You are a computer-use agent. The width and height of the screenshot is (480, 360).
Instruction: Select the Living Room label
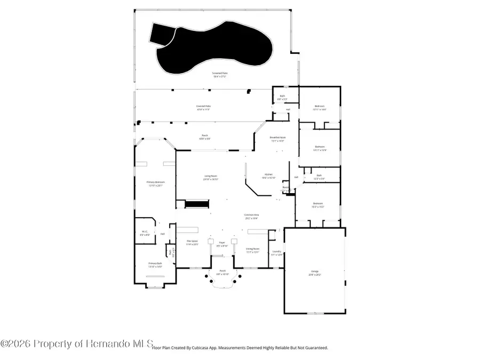coord(211,177)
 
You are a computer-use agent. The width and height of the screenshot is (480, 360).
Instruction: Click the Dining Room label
coord(252,250)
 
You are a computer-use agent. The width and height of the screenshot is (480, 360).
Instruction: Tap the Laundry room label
coord(276,252)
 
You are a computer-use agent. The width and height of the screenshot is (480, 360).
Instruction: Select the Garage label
coord(315,273)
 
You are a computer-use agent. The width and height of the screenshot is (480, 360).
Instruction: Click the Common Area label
coord(251,216)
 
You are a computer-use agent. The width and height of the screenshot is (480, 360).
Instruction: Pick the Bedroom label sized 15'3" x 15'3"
coord(318,204)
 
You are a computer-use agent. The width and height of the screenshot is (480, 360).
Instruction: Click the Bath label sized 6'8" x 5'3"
coord(282,98)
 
